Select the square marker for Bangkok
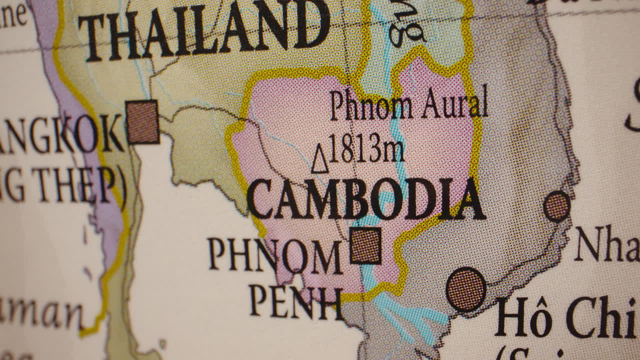click(142, 122)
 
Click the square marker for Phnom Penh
click(365, 245)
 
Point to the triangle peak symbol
click(320, 159)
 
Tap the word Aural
click(454, 102)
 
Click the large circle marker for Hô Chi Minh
click(465, 289)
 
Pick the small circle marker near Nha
click(556, 206)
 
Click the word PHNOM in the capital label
click(275, 255)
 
